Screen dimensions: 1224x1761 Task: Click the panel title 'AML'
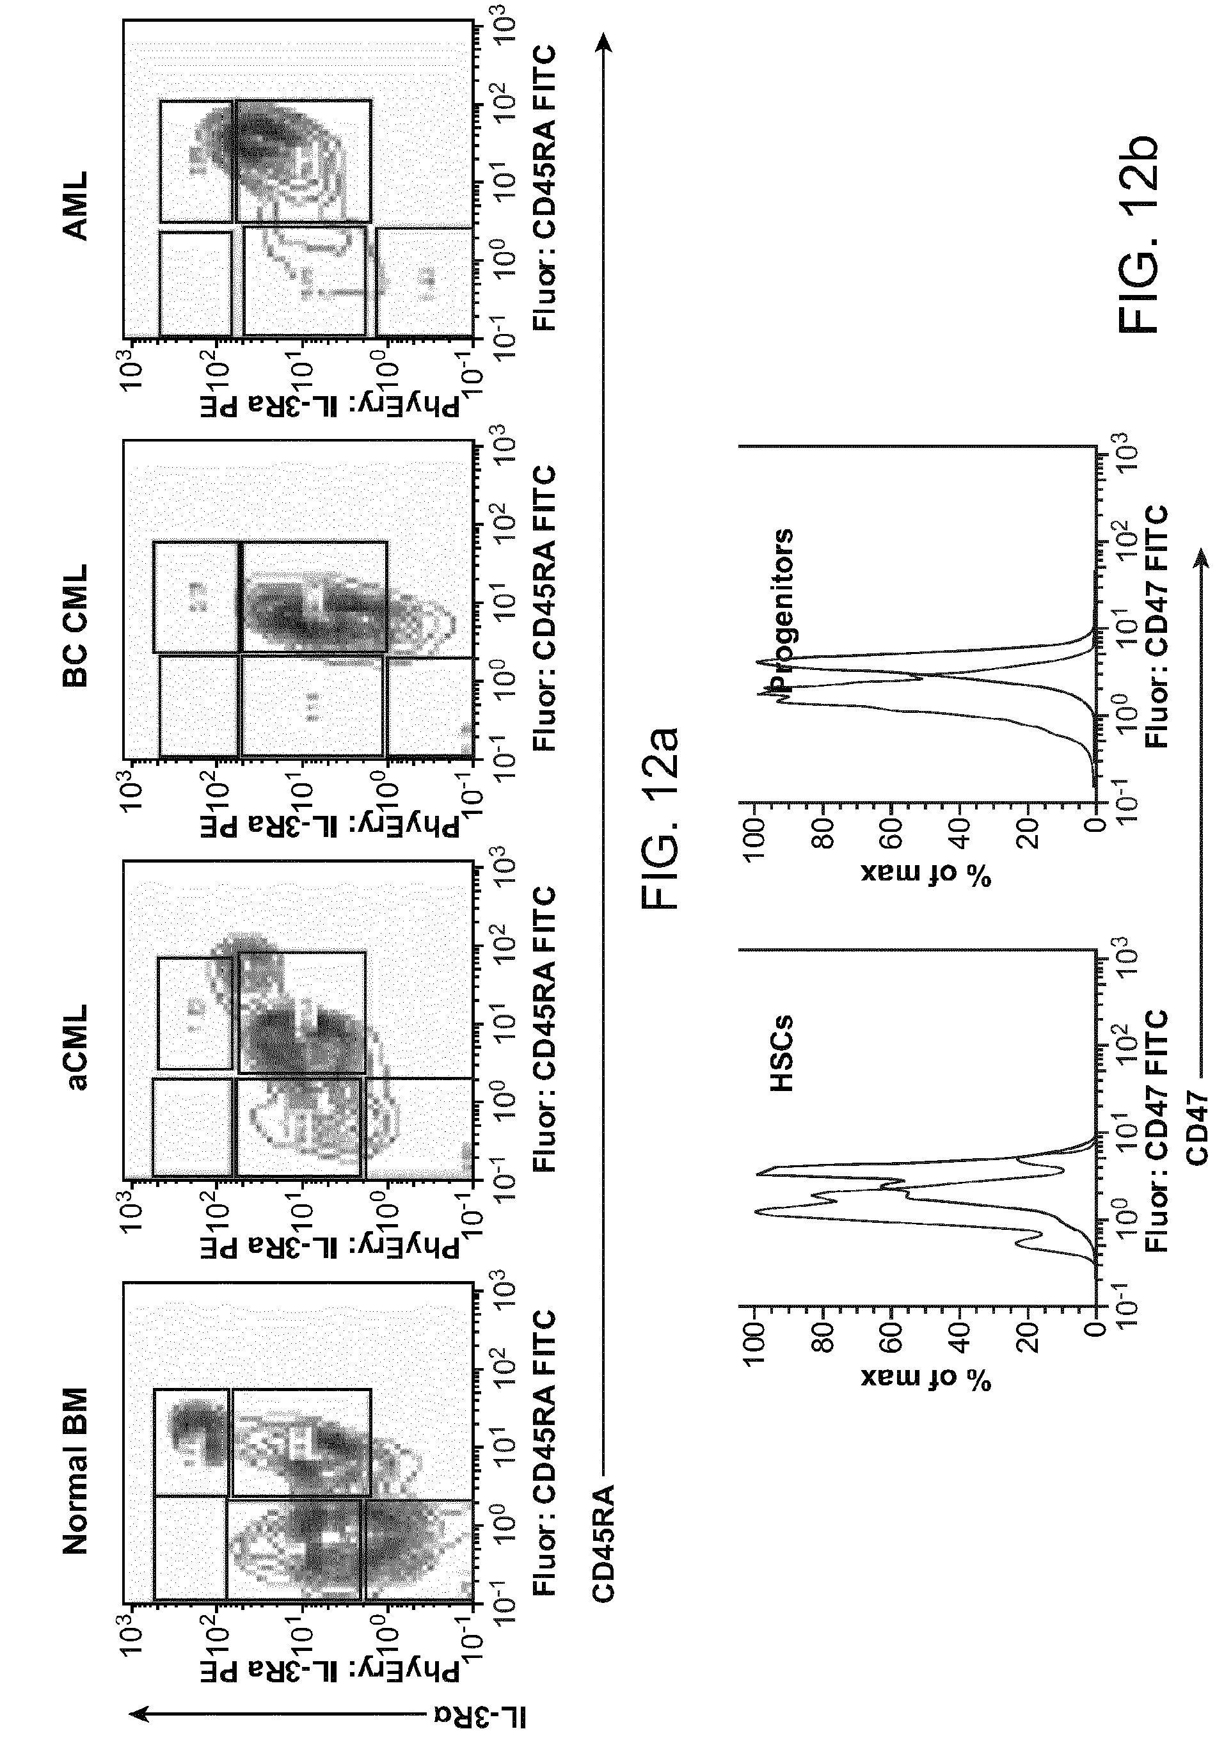tap(77, 205)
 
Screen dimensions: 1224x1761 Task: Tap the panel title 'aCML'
tap(77, 1046)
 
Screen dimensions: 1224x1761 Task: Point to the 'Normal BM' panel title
tap(77, 1472)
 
